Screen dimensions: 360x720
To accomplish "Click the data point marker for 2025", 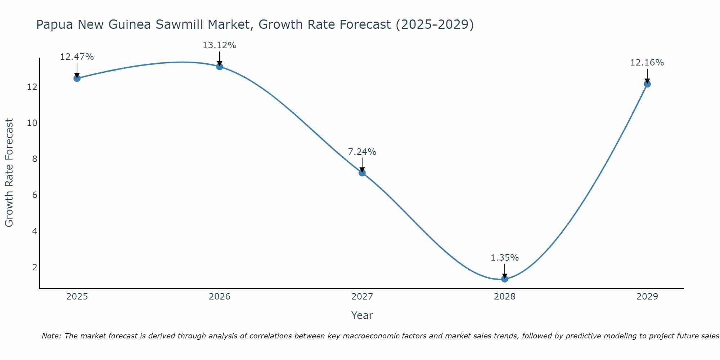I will (77, 78).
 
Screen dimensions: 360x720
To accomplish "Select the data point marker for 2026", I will (220, 67).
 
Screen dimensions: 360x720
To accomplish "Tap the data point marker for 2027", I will (362, 173).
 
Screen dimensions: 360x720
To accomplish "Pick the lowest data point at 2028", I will (505, 279).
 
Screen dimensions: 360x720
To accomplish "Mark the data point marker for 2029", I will (647, 84).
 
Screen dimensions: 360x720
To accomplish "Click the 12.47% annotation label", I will (77, 57).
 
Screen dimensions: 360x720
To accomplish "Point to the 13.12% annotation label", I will (220, 45).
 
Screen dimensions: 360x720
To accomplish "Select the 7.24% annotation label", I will (362, 152).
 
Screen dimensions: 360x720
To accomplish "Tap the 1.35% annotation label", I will (505, 258).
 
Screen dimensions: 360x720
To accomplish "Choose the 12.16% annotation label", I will (647, 63).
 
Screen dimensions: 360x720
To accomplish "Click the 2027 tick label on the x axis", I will (362, 297).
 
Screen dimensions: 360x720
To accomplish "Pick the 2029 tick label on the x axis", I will (647, 297).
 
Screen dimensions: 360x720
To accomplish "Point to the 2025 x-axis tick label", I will (77, 297).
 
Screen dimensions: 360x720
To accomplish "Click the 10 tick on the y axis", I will (32, 123).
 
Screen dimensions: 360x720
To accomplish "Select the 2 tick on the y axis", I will (35, 267).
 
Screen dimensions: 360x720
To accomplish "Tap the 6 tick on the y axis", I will (35, 195).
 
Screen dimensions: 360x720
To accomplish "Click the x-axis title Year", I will (362, 315).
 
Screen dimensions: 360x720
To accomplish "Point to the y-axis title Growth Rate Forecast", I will (9, 173).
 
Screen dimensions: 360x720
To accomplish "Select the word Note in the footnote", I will (51, 336).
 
